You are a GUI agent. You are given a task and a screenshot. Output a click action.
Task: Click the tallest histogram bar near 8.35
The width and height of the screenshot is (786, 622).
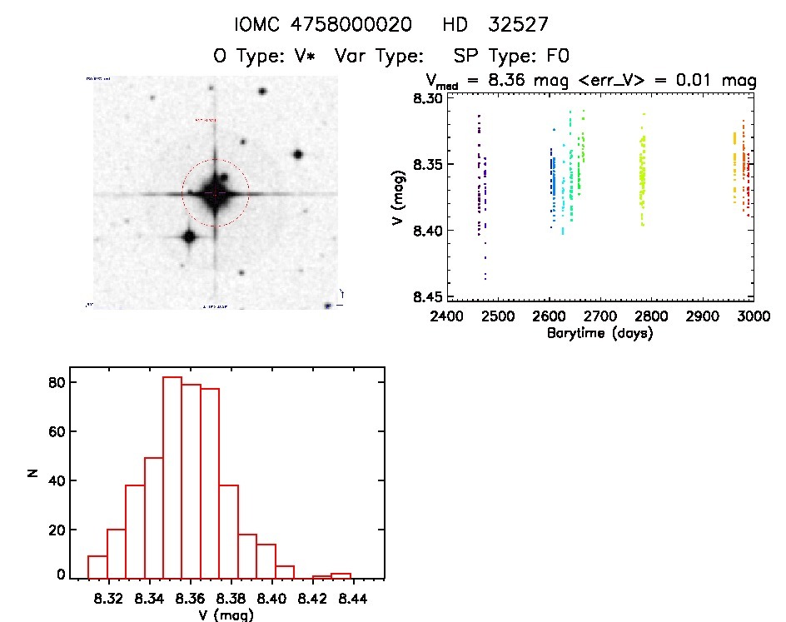[x=172, y=477]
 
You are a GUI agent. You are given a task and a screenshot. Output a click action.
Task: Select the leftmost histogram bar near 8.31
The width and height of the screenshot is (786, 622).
[x=97, y=566]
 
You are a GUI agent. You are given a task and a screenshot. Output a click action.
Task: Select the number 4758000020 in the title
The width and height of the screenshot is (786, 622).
[x=351, y=25]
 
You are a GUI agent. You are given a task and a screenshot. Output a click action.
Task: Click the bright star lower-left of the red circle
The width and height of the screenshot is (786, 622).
[x=188, y=236]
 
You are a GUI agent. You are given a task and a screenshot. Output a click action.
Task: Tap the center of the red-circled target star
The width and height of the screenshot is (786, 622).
[x=215, y=192]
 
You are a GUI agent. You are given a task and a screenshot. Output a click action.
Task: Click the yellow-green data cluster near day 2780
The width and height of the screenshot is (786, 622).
[x=642, y=179]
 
